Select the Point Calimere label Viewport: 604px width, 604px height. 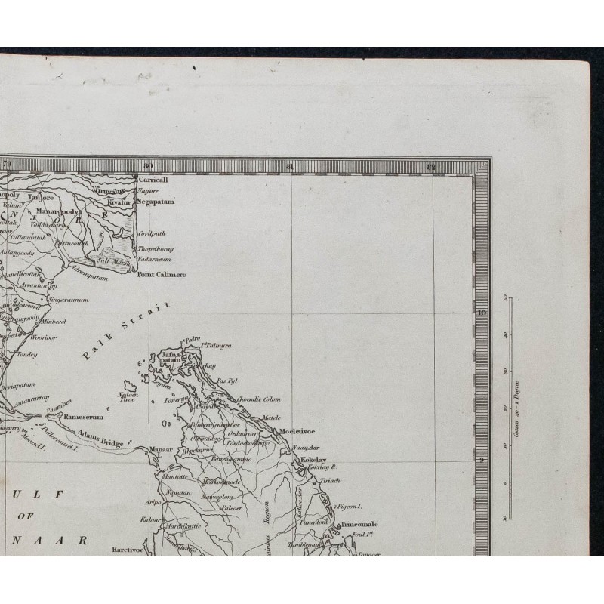pyautogui.click(x=161, y=275)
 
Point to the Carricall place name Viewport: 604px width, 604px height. pyautogui.click(x=152, y=180)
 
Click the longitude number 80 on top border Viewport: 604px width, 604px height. pyautogui.click(x=148, y=165)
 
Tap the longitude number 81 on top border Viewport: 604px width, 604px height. pyautogui.click(x=289, y=165)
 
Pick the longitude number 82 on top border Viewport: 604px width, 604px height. pyautogui.click(x=430, y=165)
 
